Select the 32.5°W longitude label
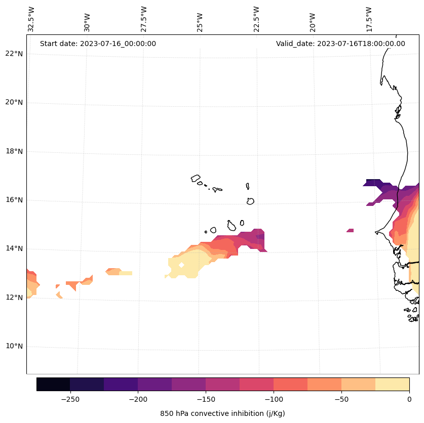tap(31, 19)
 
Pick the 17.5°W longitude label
tap(369, 19)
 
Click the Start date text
tap(98, 44)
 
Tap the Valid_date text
tap(340, 44)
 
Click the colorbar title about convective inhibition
tap(222, 413)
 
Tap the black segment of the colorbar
tap(53, 385)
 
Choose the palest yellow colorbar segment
tap(392, 385)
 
